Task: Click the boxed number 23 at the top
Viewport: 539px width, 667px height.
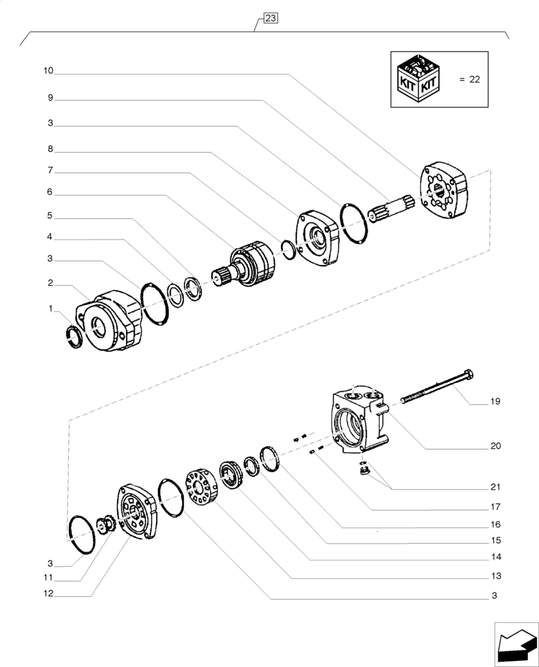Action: click(270, 19)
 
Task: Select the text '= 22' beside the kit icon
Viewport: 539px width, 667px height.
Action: click(470, 79)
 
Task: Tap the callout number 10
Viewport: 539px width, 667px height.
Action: click(50, 71)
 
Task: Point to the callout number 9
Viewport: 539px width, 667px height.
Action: click(50, 97)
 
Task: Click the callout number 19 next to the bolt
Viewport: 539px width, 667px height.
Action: click(495, 402)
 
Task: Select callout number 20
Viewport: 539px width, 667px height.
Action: click(495, 446)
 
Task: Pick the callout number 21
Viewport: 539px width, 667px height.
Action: click(495, 486)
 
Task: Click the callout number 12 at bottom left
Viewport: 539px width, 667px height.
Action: click(50, 593)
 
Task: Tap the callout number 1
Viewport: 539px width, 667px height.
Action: click(50, 309)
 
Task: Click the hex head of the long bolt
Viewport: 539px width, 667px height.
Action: click(468, 374)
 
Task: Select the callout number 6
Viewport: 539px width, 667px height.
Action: click(50, 192)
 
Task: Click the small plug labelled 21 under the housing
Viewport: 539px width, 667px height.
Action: click(366, 472)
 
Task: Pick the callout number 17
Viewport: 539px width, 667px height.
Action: click(495, 506)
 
